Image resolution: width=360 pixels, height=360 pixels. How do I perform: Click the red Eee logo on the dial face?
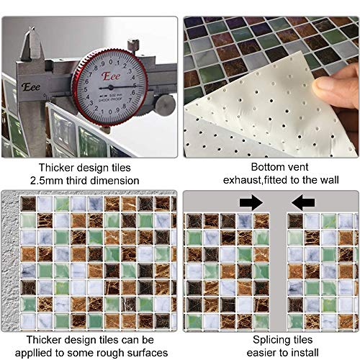tap(111, 76)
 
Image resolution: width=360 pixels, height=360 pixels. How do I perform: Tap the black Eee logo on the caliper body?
tap(31, 86)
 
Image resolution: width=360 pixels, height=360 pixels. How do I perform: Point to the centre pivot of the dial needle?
tap(111, 87)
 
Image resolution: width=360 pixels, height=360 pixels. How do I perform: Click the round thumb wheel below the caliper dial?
tap(166, 104)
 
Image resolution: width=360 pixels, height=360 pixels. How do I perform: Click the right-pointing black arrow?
tap(251, 202)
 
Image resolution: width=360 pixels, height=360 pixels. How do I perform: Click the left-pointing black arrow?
tap(303, 202)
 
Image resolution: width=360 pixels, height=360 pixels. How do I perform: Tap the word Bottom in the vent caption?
tap(266, 167)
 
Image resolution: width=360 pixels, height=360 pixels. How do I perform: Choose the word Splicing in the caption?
tap(271, 340)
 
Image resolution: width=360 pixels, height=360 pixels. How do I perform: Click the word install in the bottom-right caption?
tap(305, 353)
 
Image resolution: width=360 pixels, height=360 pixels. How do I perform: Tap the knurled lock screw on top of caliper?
tap(132, 45)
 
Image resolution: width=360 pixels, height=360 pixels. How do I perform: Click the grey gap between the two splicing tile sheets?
tap(279, 271)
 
